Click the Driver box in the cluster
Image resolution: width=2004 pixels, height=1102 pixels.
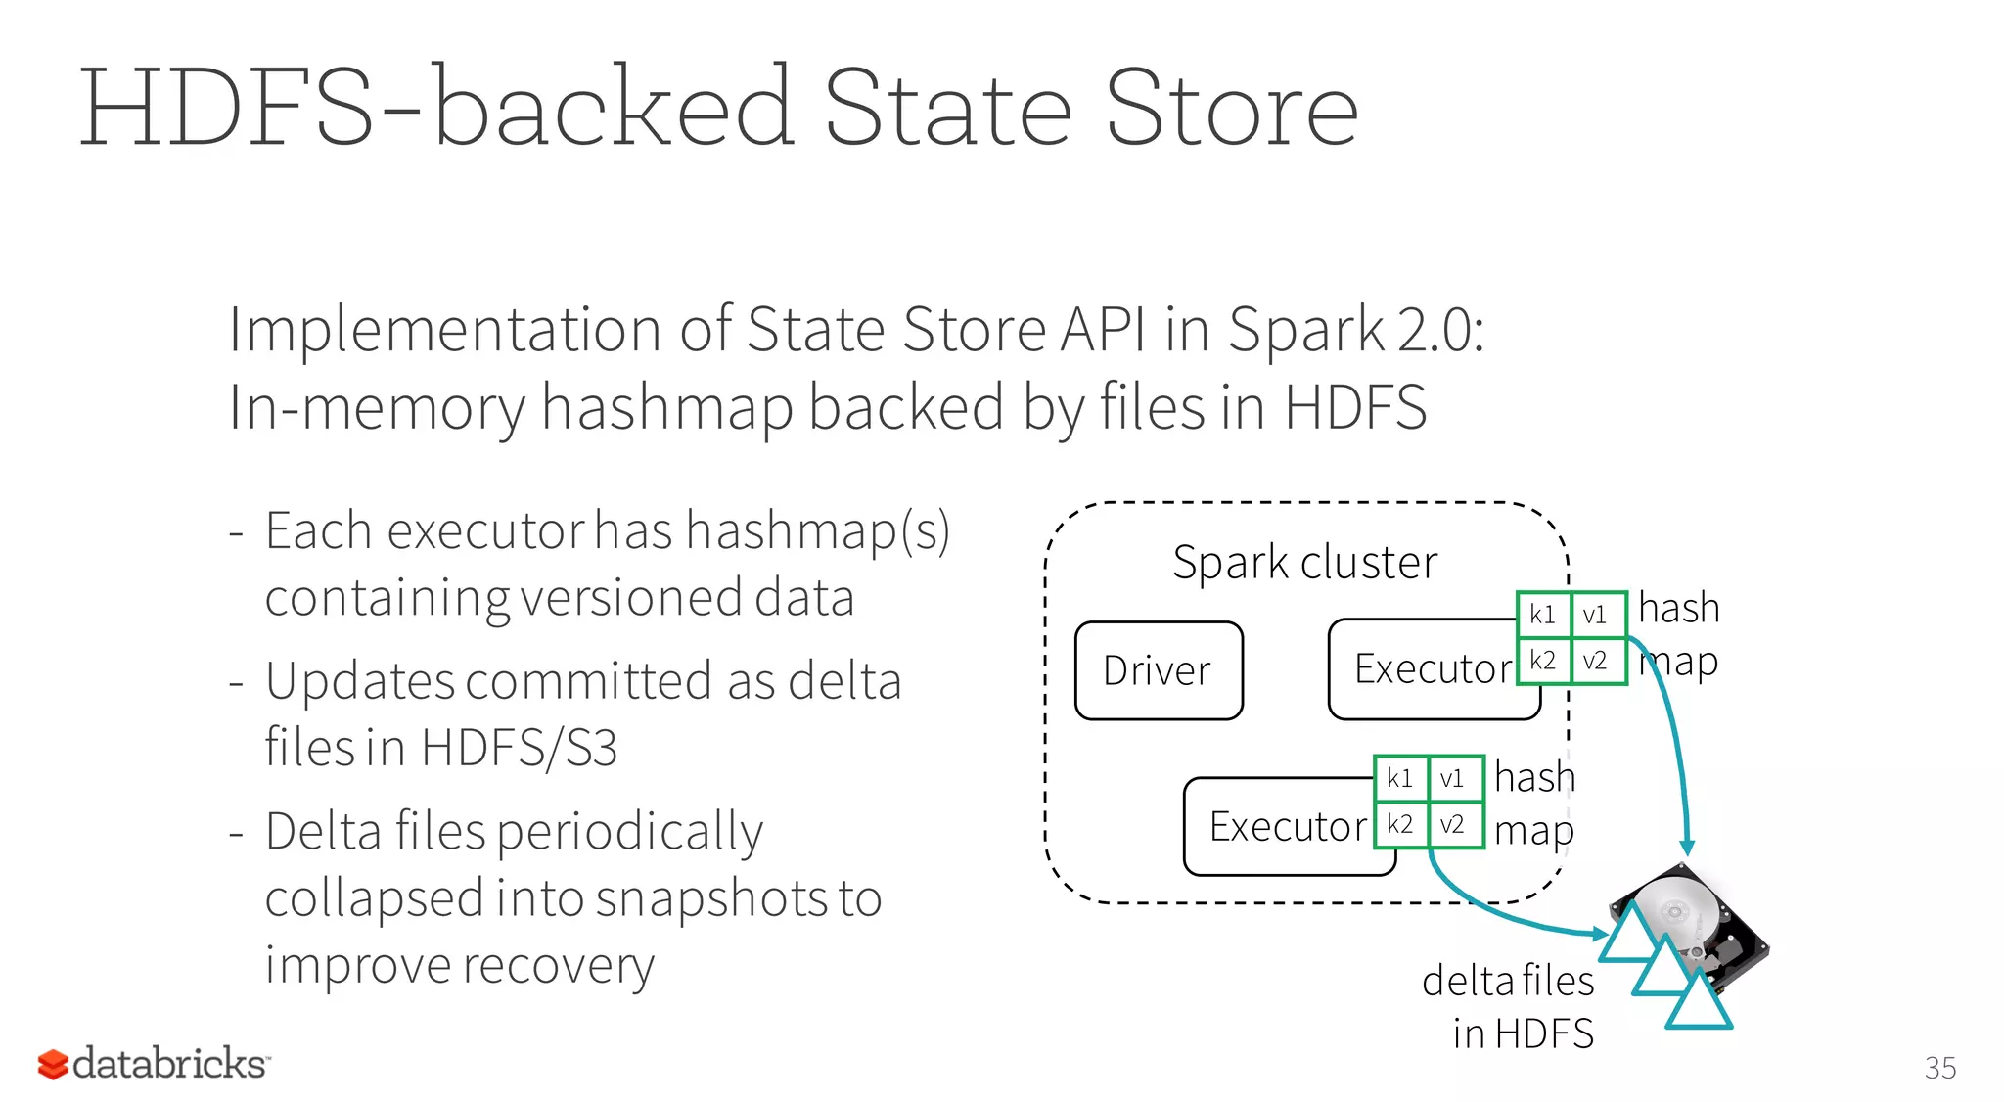pyautogui.click(x=1159, y=671)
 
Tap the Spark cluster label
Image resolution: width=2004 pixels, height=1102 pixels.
pyautogui.click(x=1304, y=563)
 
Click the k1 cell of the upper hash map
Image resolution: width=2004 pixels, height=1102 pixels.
pyautogui.click(x=1543, y=615)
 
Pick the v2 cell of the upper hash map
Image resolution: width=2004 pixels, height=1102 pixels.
pyautogui.click(x=1596, y=661)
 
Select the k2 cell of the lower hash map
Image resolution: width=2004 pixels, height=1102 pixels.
pyautogui.click(x=1400, y=824)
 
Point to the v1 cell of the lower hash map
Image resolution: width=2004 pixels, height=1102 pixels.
pyautogui.click(x=1453, y=778)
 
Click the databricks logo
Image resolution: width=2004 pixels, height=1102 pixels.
pyautogui.click(x=154, y=1064)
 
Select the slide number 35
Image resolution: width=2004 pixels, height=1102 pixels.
pyautogui.click(x=1939, y=1068)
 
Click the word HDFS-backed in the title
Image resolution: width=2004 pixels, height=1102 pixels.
pyautogui.click(x=435, y=108)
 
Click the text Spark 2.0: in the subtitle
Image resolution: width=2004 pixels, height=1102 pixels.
pyautogui.click(x=1355, y=330)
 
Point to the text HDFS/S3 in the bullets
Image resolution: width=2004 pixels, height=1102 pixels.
pyautogui.click(x=519, y=749)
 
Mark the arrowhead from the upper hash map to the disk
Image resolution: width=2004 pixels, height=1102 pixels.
pyautogui.click(x=1687, y=847)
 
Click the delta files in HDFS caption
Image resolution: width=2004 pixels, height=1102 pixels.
pyautogui.click(x=1509, y=1006)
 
